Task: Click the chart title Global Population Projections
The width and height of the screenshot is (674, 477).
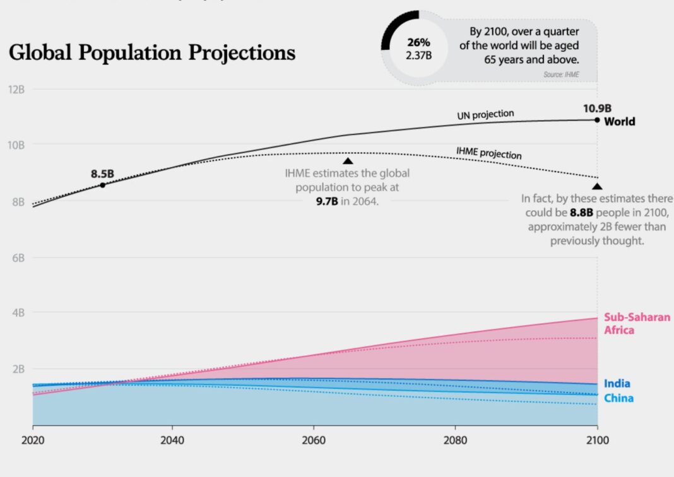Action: pyautogui.click(x=152, y=53)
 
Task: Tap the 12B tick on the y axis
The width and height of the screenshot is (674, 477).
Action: pyautogui.click(x=16, y=89)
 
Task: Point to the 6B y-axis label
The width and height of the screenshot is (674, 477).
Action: pyautogui.click(x=16, y=258)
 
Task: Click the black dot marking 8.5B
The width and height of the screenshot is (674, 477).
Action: pyautogui.click(x=103, y=185)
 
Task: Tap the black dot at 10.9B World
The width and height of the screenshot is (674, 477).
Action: pyautogui.click(x=597, y=119)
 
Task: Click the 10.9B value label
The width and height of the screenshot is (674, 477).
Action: pyautogui.click(x=597, y=108)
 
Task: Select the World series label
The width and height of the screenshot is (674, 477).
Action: pyautogui.click(x=620, y=122)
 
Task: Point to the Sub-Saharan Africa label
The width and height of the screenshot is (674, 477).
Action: pyautogui.click(x=637, y=324)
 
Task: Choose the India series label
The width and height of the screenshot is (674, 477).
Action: pyautogui.click(x=617, y=384)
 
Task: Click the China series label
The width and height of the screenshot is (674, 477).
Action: pyautogui.click(x=618, y=398)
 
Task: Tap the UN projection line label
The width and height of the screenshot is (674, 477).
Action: pyautogui.click(x=485, y=115)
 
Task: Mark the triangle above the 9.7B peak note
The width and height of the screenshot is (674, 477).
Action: pyautogui.click(x=348, y=162)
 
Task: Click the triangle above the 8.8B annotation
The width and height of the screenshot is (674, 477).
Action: pyautogui.click(x=597, y=186)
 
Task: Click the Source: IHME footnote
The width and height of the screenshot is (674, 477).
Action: pyautogui.click(x=560, y=75)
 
